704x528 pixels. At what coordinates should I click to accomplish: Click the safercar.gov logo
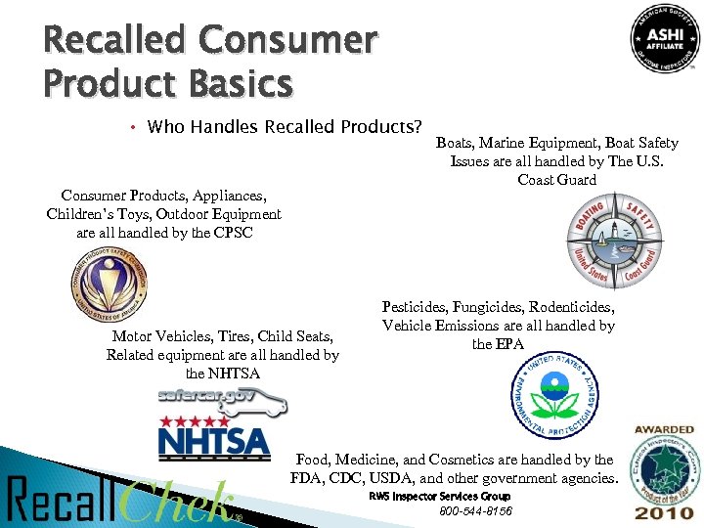coord(221,399)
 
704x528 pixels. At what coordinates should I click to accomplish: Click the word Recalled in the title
coord(112,40)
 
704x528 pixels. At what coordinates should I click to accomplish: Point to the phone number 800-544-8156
coord(475,511)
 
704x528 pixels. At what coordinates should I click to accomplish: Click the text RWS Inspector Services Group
coord(439,497)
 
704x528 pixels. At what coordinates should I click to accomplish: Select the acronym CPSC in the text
coord(233,233)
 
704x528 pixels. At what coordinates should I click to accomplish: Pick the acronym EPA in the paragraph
coord(508,344)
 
